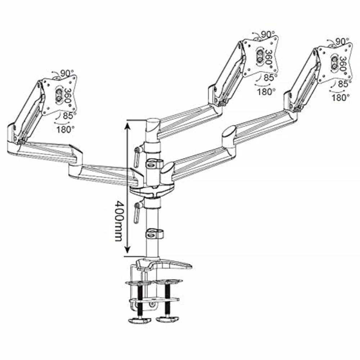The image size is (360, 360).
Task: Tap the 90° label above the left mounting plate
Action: click(67, 73)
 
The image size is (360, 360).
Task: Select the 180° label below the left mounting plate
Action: click(65, 130)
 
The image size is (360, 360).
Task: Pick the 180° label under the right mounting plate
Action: click(341, 98)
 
